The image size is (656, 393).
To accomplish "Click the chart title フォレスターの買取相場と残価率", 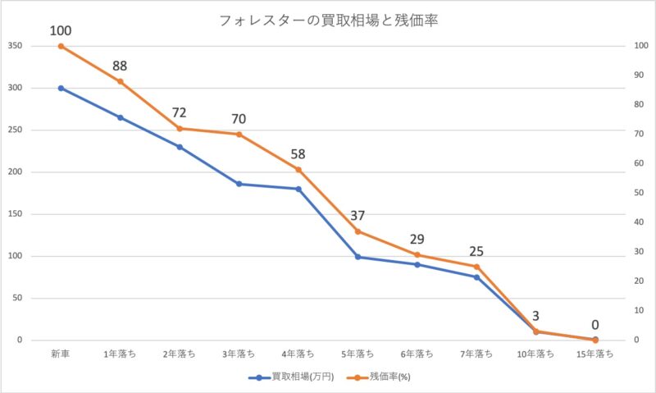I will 328,21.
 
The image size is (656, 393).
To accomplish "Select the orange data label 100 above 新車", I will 61,31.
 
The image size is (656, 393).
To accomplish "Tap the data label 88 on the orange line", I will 121,66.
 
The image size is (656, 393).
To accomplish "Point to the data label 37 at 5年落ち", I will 358,216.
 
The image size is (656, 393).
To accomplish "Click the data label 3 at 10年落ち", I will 535,316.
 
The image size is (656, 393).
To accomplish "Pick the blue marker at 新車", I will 61,88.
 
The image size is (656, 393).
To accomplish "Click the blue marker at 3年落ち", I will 239,184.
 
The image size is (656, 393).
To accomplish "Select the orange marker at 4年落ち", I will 298,170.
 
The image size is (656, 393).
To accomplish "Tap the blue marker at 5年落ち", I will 358,257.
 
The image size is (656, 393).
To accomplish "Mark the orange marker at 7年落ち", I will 476,267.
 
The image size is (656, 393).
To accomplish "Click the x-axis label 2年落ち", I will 180,354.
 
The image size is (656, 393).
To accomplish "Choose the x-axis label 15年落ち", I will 595,354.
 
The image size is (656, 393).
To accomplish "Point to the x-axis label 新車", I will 61,354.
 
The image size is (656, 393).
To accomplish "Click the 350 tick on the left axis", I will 15,46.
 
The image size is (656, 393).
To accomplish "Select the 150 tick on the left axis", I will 15,214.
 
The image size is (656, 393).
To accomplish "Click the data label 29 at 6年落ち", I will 417,239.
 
